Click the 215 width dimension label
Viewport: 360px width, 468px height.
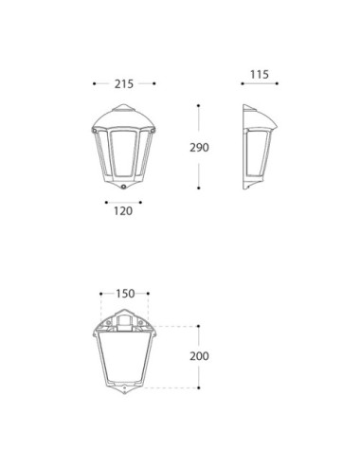click(124, 84)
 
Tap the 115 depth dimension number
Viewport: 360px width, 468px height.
click(260, 75)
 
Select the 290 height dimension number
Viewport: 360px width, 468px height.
click(199, 148)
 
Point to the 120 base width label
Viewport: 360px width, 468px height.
click(123, 211)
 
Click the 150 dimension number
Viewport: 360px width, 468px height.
click(125, 294)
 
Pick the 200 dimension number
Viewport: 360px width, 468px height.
click(199, 356)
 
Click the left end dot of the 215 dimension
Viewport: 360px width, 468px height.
click(94, 83)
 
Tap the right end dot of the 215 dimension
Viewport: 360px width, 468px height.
click(154, 83)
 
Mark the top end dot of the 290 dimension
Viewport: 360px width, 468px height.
click(198, 105)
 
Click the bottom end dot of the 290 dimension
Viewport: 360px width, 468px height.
click(199, 188)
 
